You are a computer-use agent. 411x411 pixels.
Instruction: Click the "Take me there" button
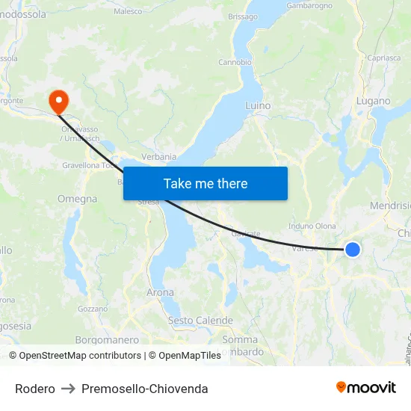tap(205, 184)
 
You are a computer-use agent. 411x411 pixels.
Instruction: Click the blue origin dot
tap(353, 250)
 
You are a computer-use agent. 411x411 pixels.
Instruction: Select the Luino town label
tap(258, 106)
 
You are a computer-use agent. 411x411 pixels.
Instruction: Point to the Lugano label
tap(374, 101)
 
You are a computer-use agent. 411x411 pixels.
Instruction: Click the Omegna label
tap(77, 200)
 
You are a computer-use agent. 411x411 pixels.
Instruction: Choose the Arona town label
tap(160, 293)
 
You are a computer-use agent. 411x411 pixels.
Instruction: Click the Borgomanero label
tap(107, 340)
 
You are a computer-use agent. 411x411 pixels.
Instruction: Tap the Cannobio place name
tap(235, 63)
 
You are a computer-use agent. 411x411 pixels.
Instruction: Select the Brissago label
tap(243, 16)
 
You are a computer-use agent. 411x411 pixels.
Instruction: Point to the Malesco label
tap(128, 11)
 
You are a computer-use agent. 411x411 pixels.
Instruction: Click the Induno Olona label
tap(312, 226)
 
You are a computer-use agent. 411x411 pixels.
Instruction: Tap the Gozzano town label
tap(93, 309)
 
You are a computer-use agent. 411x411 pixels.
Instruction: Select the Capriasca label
tap(384, 58)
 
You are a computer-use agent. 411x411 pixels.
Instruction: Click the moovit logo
tap(366, 388)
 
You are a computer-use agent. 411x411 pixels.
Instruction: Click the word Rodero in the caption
tap(35, 389)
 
